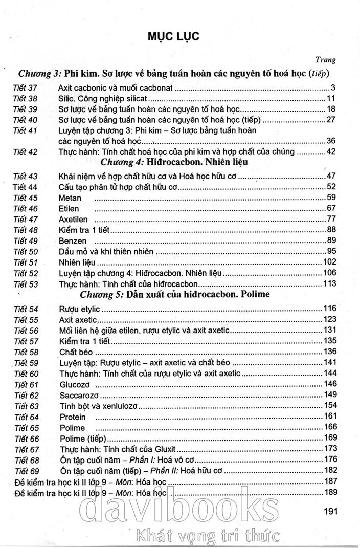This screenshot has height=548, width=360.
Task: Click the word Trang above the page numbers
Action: click(x=325, y=60)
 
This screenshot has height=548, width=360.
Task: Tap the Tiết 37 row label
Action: click(x=26, y=87)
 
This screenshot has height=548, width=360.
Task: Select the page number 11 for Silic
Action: click(x=330, y=99)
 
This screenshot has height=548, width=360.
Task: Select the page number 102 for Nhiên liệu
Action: click(x=329, y=262)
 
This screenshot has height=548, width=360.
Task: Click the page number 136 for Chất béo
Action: click(x=329, y=351)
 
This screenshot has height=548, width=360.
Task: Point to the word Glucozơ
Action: click(x=76, y=384)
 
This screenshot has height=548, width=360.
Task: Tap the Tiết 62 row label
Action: click(x=26, y=395)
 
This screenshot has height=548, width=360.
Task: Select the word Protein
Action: click(x=72, y=417)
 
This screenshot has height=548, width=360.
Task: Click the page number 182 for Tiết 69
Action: click(x=329, y=470)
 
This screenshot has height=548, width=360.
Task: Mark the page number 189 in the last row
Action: click(x=329, y=492)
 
